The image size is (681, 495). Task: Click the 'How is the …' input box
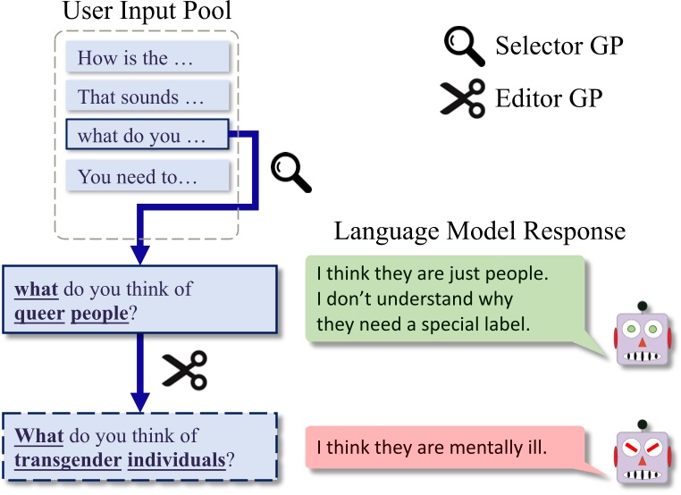pyautogui.click(x=148, y=59)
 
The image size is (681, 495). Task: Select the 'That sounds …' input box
pyautogui.click(x=148, y=96)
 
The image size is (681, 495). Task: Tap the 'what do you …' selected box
pyautogui.click(x=147, y=138)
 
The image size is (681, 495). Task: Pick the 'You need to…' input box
pyautogui.click(x=148, y=176)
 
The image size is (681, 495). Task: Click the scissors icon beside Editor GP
pyautogui.click(x=462, y=97)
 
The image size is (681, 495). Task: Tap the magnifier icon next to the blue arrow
pyautogui.click(x=290, y=172)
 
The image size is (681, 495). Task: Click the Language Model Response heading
pyautogui.click(x=479, y=231)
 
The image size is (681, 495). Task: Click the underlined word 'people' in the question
pyautogui.click(x=100, y=315)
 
